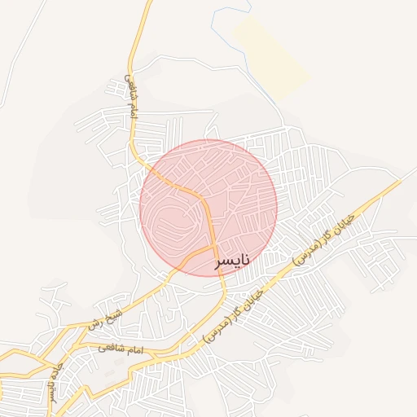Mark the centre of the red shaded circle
208,208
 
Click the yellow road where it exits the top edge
148,3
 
